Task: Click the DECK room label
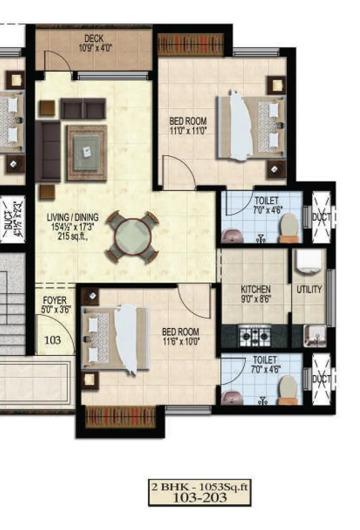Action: point(94,39)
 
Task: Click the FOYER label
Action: point(55,301)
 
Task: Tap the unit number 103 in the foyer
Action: point(53,340)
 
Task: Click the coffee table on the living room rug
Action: point(86,153)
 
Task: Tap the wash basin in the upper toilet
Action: point(231,236)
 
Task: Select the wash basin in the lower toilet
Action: point(231,397)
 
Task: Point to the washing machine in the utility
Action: point(309,263)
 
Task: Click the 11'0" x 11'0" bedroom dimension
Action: point(188,130)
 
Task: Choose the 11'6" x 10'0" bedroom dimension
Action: point(180,342)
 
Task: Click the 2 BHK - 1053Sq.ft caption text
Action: point(199,487)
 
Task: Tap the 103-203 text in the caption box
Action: point(200,498)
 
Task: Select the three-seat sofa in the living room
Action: point(48,151)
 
